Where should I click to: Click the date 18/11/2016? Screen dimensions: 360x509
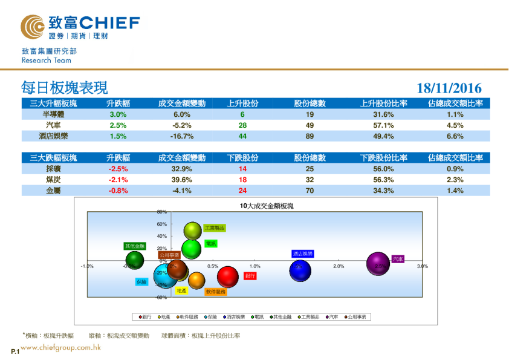pos(449,88)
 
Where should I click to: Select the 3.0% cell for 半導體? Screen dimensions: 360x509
pos(118,114)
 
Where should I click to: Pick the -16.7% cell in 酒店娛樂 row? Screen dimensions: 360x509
pos(182,136)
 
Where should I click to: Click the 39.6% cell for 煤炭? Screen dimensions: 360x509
pos(182,180)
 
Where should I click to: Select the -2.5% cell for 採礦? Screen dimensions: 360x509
pos(118,169)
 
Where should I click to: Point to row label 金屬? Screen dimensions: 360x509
pos(53,191)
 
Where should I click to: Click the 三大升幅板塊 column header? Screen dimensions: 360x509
pos(53,103)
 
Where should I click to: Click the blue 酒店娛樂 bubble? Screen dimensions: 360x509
pos(300,269)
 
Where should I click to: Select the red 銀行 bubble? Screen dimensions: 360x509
pos(228,277)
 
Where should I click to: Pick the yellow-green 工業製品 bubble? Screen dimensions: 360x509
pos(192,231)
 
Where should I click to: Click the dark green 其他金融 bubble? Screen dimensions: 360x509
pos(134,261)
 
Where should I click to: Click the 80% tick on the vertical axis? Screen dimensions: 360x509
pos(161,212)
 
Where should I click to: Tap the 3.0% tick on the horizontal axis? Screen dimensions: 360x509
pos(422,266)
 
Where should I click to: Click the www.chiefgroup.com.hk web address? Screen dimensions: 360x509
pos(60,347)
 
